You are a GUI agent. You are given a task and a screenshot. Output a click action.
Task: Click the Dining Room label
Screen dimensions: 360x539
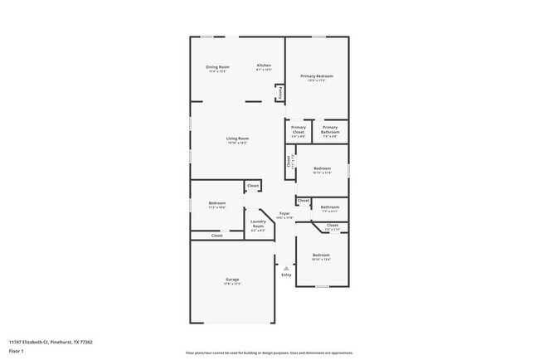218,66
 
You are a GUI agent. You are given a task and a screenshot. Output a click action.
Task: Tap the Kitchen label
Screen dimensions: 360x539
264,66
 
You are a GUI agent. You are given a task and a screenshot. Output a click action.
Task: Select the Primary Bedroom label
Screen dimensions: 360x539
317,75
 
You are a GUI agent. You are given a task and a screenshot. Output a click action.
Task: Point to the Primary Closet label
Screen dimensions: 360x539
299,128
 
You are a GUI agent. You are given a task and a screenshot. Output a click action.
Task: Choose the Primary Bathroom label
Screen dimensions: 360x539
330,128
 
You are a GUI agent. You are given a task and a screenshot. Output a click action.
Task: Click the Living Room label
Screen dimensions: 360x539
238,138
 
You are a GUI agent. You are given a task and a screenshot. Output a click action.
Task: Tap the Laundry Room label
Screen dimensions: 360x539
258,224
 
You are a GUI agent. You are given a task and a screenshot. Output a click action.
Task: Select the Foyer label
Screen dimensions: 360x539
284,213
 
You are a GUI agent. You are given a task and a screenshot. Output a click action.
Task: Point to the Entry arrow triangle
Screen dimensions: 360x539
286,268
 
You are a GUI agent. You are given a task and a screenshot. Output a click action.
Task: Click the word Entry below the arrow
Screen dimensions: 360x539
286,275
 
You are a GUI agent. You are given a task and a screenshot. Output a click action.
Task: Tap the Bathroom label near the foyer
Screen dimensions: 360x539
330,207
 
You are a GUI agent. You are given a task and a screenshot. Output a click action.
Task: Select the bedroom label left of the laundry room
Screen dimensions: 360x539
217,203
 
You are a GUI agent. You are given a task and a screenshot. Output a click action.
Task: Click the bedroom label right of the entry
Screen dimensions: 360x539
320,255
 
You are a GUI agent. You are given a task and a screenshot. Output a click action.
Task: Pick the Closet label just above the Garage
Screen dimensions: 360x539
216,236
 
